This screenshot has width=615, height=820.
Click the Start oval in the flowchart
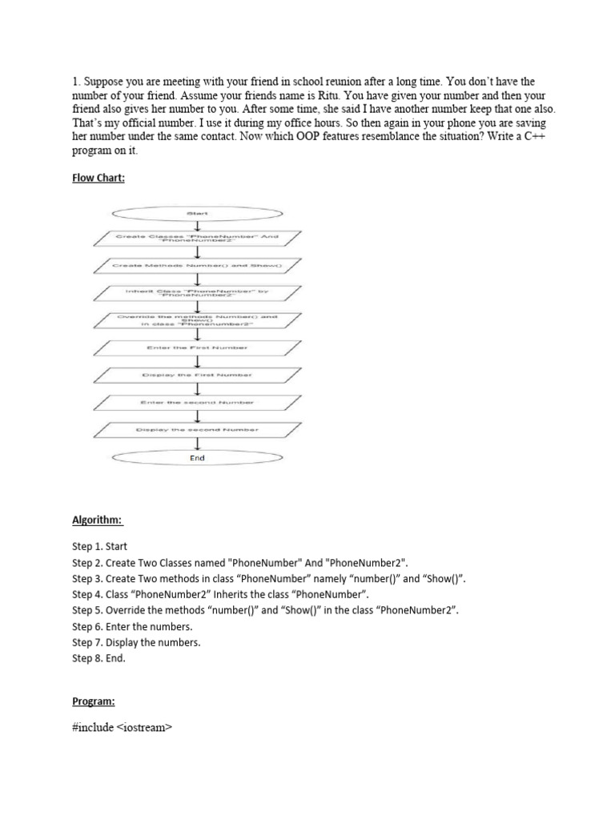click(x=197, y=214)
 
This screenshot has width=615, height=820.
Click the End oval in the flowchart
click(x=197, y=458)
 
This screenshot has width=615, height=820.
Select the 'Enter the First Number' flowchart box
click(x=197, y=348)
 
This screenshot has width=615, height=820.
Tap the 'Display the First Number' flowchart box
click(x=197, y=375)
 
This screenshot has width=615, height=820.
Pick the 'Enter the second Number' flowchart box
click(x=197, y=402)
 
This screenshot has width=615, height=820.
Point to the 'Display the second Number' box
click(x=197, y=430)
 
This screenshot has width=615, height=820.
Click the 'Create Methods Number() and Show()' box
click(x=197, y=264)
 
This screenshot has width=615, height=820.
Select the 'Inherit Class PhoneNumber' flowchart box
click(x=197, y=292)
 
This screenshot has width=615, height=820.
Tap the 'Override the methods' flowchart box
click(x=197, y=320)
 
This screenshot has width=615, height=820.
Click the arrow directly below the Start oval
click(x=197, y=226)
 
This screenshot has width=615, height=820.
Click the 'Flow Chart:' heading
click(x=98, y=178)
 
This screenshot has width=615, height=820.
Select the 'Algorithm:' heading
click(x=98, y=521)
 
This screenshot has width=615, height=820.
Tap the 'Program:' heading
click(x=94, y=701)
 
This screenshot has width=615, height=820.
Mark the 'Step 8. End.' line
click(x=99, y=659)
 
